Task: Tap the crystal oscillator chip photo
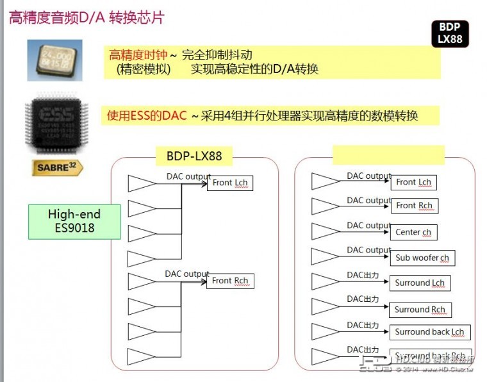click(x=54, y=60)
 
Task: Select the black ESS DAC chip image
click(x=54, y=125)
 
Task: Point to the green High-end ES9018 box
click(x=74, y=221)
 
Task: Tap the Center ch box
click(x=413, y=232)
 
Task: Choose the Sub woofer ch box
click(x=422, y=258)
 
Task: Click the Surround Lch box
click(x=420, y=283)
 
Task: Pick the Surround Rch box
click(x=420, y=310)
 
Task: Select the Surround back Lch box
click(x=429, y=332)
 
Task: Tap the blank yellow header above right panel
click(x=388, y=154)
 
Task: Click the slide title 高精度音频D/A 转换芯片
click(x=87, y=17)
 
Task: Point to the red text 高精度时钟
click(x=138, y=55)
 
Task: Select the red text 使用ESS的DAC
click(x=147, y=116)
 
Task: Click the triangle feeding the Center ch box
click(x=325, y=231)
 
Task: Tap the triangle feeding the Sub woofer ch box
click(x=325, y=256)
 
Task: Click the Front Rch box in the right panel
click(x=414, y=206)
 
